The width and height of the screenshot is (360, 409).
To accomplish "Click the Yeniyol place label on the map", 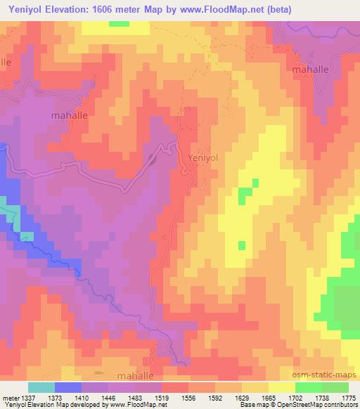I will [205, 158].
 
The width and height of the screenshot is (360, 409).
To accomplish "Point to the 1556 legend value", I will [188, 397].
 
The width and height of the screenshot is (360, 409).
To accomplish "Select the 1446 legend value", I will [108, 397].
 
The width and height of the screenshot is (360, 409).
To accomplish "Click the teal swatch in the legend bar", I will [41, 387].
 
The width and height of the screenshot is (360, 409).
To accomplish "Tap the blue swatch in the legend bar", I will [68, 387].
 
